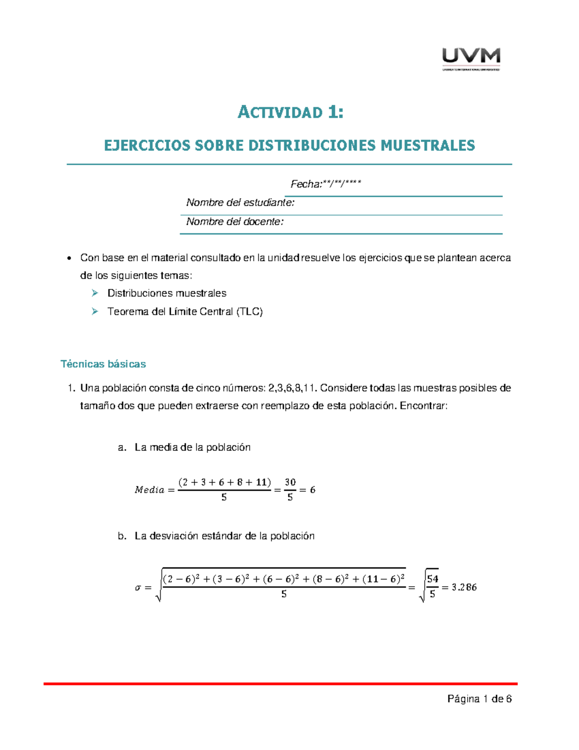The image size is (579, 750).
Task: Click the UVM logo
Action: pyautogui.click(x=471, y=59)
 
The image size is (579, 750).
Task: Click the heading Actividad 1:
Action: pyautogui.click(x=290, y=113)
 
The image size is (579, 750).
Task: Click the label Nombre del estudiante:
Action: pyautogui.click(x=240, y=203)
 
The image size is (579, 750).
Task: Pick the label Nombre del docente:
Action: pyautogui.click(x=235, y=222)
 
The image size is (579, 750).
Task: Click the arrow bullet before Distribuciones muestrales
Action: pyautogui.click(x=95, y=293)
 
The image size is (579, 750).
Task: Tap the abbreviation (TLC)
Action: pyautogui.click(x=249, y=311)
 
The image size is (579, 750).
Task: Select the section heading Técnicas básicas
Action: pyautogui.click(x=103, y=364)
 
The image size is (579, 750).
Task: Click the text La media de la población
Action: pyautogui.click(x=193, y=447)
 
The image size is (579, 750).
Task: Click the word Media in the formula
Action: pyautogui.click(x=150, y=490)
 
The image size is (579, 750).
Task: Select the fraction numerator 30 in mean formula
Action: pyautogui.click(x=290, y=482)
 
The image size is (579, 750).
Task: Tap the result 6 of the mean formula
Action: pyautogui.click(x=313, y=490)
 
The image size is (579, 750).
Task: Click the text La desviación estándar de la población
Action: pyautogui.click(x=224, y=536)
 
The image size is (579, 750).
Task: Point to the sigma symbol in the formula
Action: pyautogui.click(x=138, y=588)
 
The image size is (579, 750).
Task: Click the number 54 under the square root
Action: pyautogui.click(x=432, y=579)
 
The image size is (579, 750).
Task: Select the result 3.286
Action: pyautogui.click(x=464, y=587)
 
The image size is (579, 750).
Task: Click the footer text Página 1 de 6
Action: pyautogui.click(x=479, y=699)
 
